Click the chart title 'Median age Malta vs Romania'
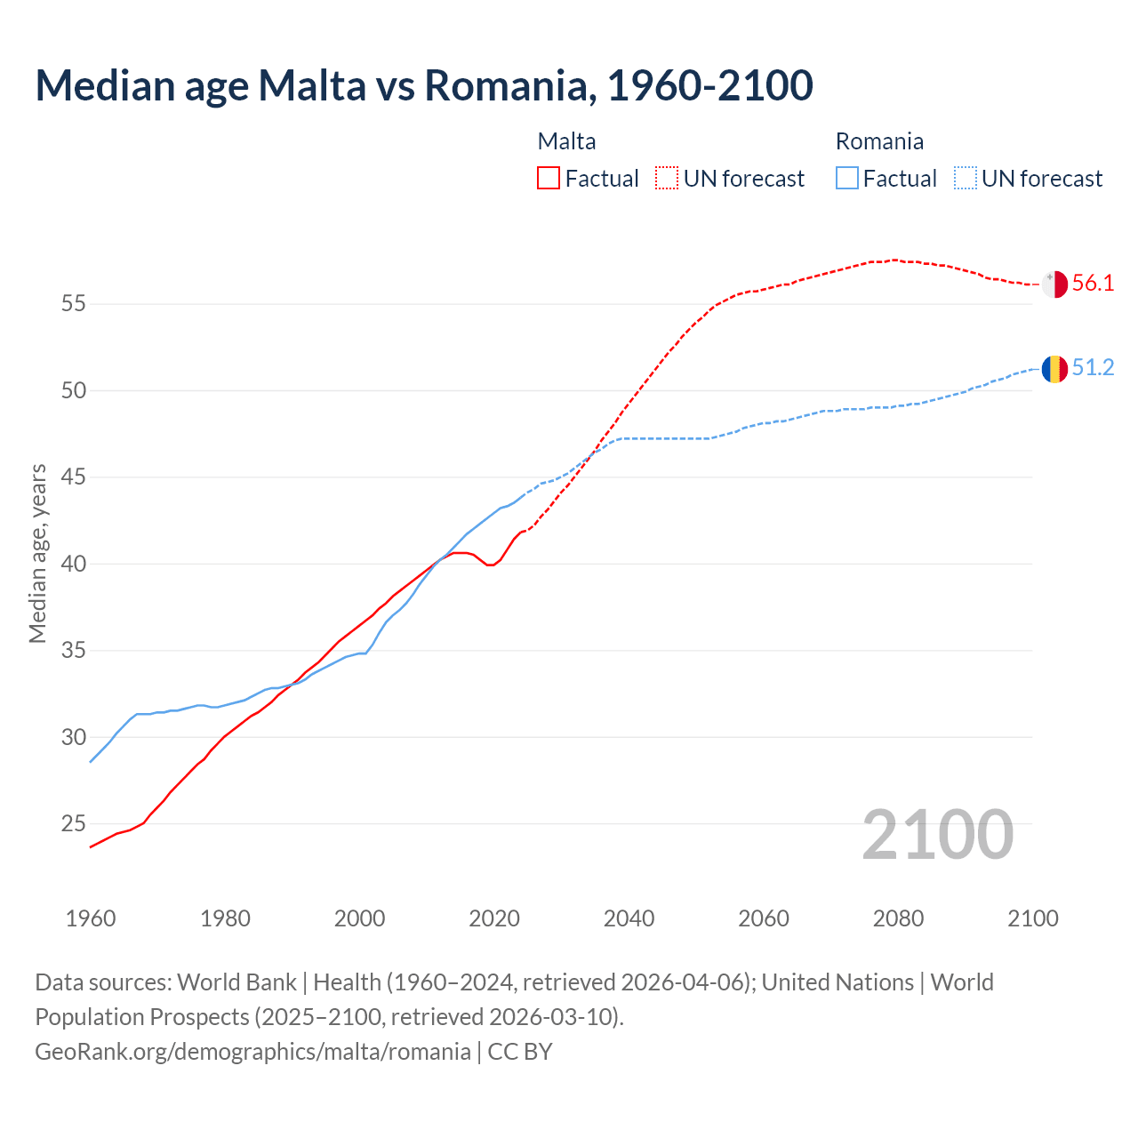point(424,85)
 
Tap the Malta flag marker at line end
point(1054,284)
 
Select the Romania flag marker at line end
point(1054,368)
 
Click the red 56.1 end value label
point(1093,284)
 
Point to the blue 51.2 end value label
point(1093,368)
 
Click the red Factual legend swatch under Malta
point(549,179)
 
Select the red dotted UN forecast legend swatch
point(667,179)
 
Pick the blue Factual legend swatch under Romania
point(847,179)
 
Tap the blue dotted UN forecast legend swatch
point(966,179)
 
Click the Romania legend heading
point(879,141)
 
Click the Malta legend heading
point(566,141)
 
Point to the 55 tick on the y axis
point(73,304)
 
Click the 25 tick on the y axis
point(73,824)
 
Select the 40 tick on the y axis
point(73,565)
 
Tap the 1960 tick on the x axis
point(91,918)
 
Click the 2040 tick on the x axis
point(629,918)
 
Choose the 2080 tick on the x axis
point(898,918)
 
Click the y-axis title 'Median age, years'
point(37,553)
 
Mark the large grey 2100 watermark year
point(938,835)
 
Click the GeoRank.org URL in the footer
point(252,1052)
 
